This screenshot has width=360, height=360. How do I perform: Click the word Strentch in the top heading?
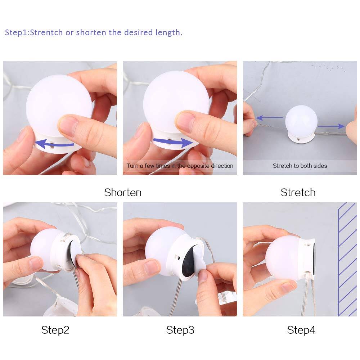(46, 32)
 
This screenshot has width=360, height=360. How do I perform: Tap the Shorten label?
(123, 192)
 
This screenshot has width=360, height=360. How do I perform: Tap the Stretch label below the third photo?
(298, 192)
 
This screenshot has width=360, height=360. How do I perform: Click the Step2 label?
(55, 330)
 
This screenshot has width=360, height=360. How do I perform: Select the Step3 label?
(180, 330)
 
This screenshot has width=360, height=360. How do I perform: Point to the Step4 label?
(301, 330)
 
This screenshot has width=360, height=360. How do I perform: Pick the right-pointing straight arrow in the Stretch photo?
(331, 126)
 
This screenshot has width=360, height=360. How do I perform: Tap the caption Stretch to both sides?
(300, 166)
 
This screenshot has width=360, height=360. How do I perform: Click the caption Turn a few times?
(180, 166)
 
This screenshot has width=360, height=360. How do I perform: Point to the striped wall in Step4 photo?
(347, 259)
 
